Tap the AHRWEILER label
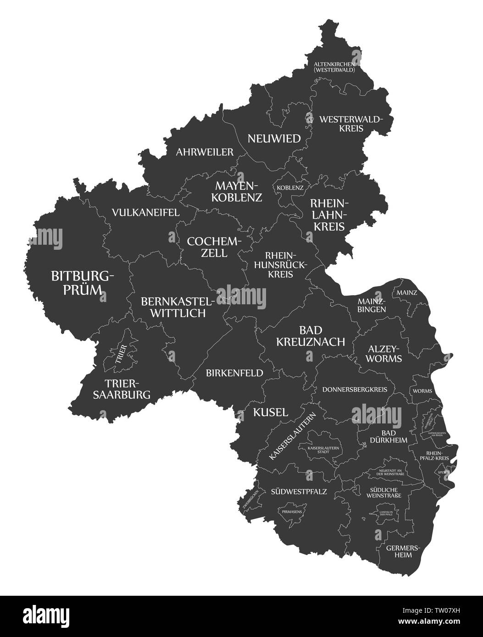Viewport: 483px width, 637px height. click(205, 152)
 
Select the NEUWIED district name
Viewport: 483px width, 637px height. click(274, 138)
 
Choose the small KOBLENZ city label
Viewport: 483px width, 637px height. click(290, 187)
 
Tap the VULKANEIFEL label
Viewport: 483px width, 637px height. click(145, 213)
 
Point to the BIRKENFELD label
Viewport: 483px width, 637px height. click(234, 373)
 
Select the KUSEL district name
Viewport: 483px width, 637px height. click(271, 412)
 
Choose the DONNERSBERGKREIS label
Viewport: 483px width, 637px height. click(358, 390)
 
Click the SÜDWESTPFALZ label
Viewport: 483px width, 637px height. click(299, 492)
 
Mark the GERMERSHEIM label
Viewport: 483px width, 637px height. click(398, 551)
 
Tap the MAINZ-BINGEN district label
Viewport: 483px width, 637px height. click(372, 305)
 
